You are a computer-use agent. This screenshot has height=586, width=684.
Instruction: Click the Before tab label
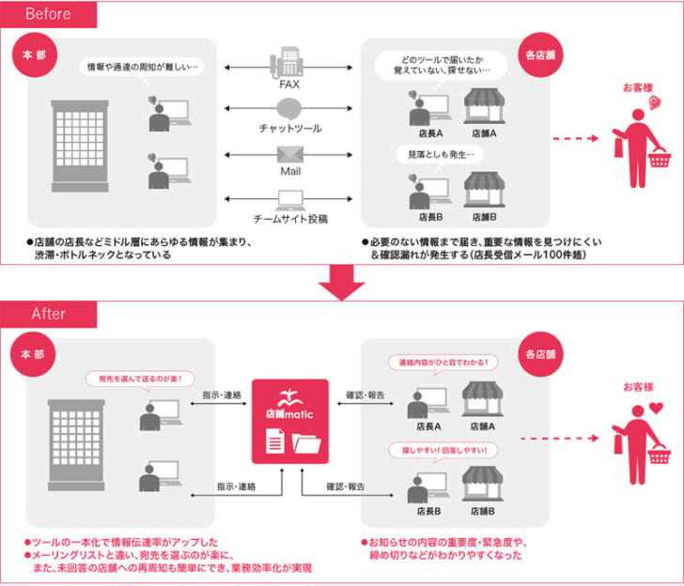click(48, 14)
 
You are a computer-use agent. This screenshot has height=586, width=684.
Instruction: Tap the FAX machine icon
click(288, 63)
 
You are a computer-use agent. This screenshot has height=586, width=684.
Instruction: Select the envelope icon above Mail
click(288, 154)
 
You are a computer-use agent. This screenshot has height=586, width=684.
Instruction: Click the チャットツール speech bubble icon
click(288, 107)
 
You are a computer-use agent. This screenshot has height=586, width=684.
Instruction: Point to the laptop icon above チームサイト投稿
click(289, 198)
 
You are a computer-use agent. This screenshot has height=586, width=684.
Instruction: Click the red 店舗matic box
click(289, 422)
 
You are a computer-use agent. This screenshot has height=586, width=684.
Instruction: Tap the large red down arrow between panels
click(341, 281)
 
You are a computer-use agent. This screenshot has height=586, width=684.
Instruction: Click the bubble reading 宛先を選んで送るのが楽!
click(140, 378)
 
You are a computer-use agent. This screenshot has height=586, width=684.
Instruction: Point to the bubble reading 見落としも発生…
click(441, 153)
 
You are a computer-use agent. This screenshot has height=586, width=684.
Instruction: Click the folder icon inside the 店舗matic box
click(307, 441)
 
